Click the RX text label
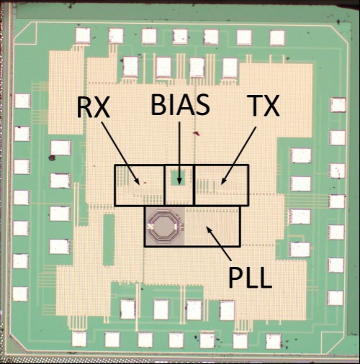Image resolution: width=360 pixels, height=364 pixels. [94, 107]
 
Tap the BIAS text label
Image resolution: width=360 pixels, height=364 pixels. [180, 104]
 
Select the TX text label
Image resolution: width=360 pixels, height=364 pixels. [264, 106]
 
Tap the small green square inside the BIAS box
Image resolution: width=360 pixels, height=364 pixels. [178, 178]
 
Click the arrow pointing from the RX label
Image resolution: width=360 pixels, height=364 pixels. [120, 153]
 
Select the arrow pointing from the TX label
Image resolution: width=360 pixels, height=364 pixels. [238, 155]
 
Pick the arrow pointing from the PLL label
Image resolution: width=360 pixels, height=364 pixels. [219, 243]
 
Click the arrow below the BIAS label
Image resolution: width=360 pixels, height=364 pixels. [179, 153]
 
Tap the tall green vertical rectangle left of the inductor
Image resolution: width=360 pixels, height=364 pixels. [109, 240]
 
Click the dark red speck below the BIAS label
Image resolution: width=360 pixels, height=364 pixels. [197, 133]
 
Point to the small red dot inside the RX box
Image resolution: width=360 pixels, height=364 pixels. [145, 183]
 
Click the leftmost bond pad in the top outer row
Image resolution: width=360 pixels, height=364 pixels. [83, 36]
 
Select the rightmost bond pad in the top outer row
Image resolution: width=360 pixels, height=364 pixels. [277, 37]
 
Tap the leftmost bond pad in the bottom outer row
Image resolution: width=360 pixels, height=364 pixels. [79, 339]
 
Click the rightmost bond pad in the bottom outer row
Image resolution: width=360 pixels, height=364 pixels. [274, 341]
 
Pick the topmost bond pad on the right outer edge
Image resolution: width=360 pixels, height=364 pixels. [338, 105]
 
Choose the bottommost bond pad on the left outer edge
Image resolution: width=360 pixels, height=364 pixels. [20, 294]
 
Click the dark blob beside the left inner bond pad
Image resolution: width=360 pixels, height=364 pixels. [52, 158]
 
